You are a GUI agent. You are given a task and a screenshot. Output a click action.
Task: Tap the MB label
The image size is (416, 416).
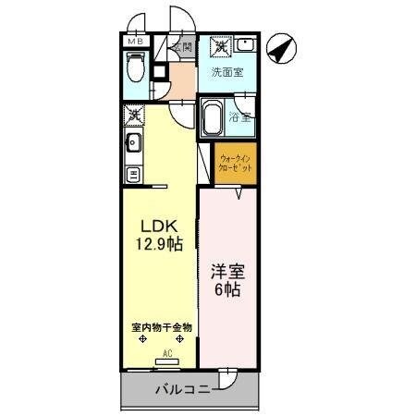[x=135, y=42]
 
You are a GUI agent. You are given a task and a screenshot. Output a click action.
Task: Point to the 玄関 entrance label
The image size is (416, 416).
[x=181, y=47]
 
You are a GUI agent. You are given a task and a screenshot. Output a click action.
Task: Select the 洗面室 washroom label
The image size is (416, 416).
[x=226, y=72]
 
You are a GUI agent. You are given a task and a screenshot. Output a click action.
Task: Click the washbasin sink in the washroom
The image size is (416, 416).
[x=244, y=45]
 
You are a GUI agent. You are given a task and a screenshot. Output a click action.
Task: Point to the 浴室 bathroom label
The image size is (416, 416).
[x=240, y=117]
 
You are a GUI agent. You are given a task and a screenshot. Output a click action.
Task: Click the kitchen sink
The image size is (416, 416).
[x=133, y=142]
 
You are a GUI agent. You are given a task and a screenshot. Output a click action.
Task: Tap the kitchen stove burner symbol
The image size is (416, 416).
[x=133, y=174]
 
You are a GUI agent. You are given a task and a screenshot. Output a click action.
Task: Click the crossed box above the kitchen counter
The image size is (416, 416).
[x=134, y=116]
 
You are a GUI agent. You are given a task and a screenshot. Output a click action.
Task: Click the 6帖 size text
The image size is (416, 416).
[x=226, y=289]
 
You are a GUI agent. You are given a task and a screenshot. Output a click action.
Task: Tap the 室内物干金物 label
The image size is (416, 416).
[x=161, y=327]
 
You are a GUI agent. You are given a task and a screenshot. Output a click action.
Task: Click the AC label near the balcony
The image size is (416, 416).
[x=168, y=352]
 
